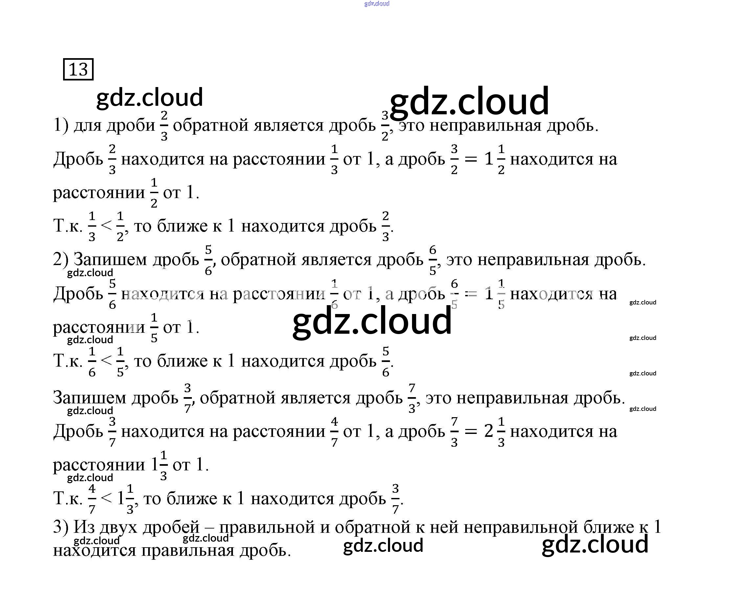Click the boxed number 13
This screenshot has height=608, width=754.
pos(78,69)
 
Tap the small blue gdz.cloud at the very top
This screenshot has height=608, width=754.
pos(377,4)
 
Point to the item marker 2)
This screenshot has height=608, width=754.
pos(60,259)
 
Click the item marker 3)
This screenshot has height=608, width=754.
pos(60,527)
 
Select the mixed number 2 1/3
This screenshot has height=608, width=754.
pos(494,432)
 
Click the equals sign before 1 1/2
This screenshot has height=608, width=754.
pos(471,160)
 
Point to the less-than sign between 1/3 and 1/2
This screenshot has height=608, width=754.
pos(106,226)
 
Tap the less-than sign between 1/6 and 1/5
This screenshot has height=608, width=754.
pos(106,361)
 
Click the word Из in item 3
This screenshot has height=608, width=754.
pos(83,527)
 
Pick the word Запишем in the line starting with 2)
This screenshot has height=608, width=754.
pos(110,259)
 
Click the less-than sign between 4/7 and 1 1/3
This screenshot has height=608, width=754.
pos(106,498)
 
